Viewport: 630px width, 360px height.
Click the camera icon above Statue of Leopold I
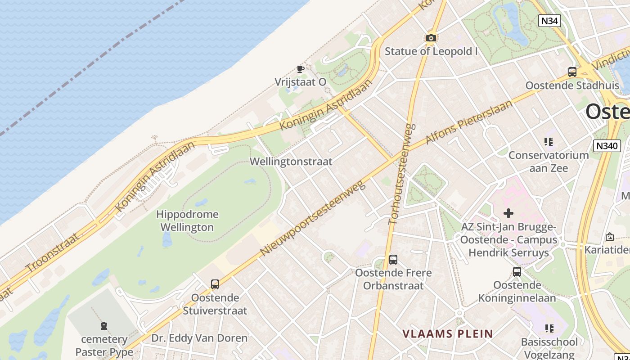point(431,38)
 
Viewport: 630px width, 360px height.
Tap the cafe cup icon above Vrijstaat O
point(300,69)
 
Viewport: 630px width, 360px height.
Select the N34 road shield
point(549,20)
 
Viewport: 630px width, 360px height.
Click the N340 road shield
point(607,146)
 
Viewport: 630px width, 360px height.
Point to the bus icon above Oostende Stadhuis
point(572,72)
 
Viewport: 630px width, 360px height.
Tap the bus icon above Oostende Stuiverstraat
point(215,284)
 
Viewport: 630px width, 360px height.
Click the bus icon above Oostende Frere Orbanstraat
point(393,260)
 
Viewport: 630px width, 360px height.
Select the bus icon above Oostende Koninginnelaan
point(517,272)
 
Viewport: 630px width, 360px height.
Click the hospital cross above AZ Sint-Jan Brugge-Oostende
point(508,213)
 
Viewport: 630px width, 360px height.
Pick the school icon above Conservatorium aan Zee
point(549,142)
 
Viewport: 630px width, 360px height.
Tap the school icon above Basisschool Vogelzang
point(549,328)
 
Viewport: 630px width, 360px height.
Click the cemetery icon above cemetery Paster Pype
point(104,325)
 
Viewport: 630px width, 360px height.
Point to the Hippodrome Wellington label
point(187,220)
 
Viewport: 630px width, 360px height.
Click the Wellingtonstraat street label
point(291,162)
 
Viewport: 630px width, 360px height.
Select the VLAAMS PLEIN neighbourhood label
point(448,334)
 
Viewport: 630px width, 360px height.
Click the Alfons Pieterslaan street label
point(469,122)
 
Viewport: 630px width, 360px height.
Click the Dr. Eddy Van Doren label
point(199,338)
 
